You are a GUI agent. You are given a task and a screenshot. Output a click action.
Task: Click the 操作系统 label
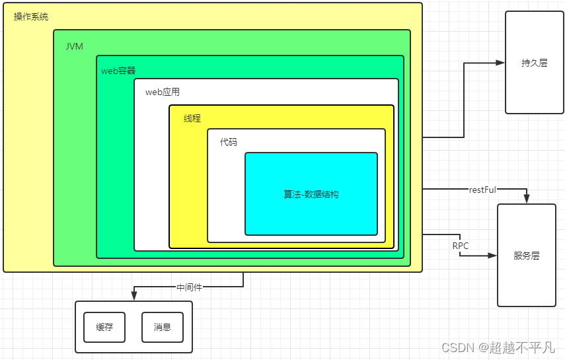(31, 17)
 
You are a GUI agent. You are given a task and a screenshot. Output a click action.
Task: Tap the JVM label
(74, 46)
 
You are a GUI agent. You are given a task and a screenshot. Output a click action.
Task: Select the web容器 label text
(118, 71)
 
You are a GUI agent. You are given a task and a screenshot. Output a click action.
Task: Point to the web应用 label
(163, 92)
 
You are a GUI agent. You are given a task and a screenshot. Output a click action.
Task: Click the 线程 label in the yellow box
(192, 118)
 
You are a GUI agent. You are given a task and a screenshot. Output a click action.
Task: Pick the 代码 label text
(229, 142)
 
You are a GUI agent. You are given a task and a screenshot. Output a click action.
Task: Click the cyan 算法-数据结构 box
(311, 194)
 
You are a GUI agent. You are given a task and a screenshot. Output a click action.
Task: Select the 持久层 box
(534, 63)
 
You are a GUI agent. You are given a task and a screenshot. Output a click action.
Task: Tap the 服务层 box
(526, 256)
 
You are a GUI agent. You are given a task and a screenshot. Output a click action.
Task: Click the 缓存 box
(104, 327)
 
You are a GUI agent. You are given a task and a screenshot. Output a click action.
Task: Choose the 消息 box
(163, 327)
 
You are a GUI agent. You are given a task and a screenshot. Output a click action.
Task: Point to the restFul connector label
(482, 190)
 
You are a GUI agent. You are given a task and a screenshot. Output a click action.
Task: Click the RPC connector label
(461, 246)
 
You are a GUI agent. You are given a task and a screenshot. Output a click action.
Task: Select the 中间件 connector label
(189, 287)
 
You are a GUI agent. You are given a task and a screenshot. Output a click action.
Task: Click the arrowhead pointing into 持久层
(500, 63)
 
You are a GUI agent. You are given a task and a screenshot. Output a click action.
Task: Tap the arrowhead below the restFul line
(526, 199)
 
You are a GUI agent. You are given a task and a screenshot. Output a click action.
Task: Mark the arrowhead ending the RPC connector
(492, 255)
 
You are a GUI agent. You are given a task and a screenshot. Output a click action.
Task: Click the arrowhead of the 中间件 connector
(134, 296)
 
